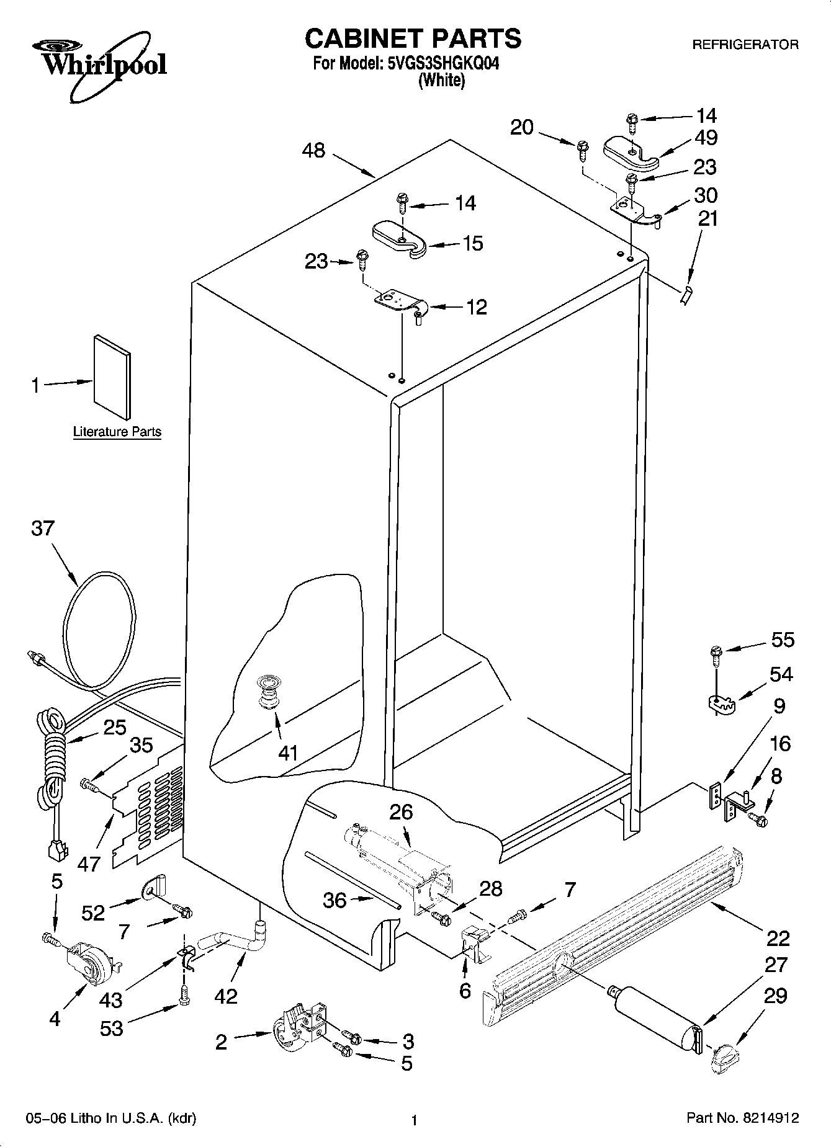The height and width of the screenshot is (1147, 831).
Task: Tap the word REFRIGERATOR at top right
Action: (745, 45)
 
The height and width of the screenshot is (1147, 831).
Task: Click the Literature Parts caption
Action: (117, 432)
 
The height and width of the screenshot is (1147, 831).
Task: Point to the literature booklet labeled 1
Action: (112, 377)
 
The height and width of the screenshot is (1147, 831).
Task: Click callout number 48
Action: (314, 150)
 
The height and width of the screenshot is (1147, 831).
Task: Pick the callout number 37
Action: (43, 529)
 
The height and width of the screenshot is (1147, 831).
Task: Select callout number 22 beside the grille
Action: (778, 938)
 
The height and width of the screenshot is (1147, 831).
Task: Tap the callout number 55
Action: (782, 640)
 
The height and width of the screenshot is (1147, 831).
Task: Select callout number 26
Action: (402, 812)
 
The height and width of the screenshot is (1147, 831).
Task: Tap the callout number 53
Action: (112, 1028)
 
